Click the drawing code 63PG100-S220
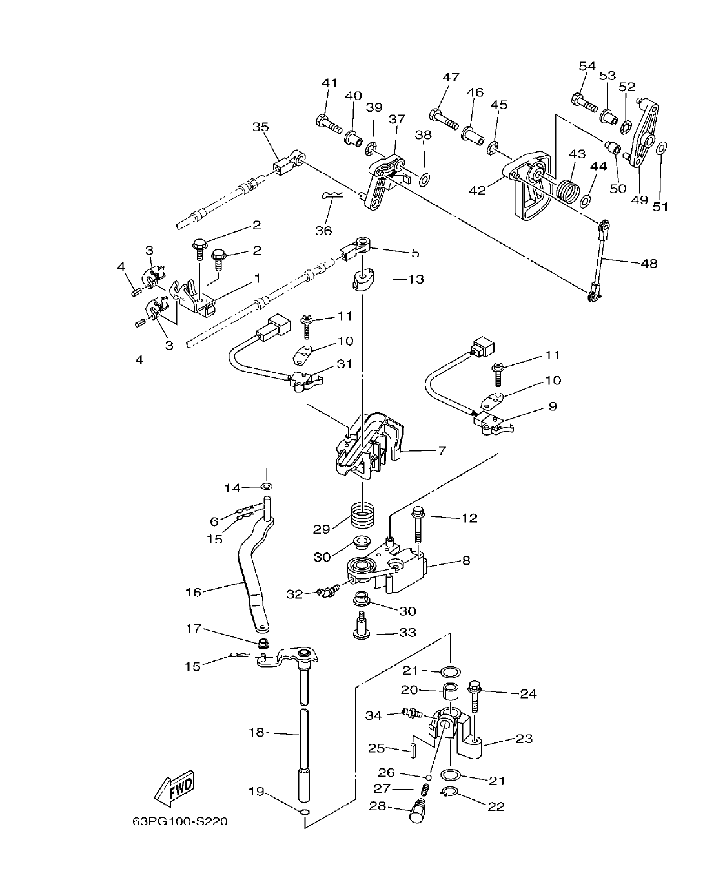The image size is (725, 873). (179, 822)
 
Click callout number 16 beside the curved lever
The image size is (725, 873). (193, 591)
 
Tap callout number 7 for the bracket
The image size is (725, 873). (442, 450)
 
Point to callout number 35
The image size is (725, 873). (260, 127)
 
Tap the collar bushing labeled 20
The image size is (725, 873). (450, 692)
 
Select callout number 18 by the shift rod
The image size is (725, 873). (256, 732)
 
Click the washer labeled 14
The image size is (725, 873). (267, 486)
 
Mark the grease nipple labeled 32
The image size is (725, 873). (329, 589)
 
